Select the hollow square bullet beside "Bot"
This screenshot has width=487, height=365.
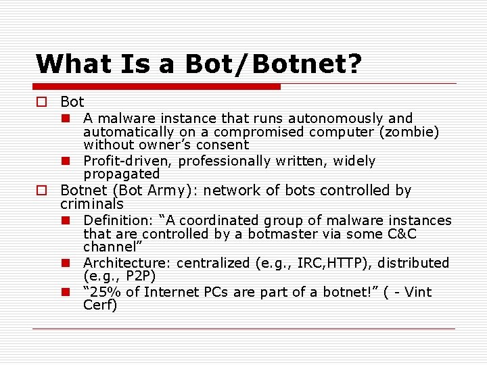pos(41,103)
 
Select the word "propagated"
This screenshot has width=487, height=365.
pos(122,174)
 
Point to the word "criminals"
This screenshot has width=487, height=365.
pos(92,203)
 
